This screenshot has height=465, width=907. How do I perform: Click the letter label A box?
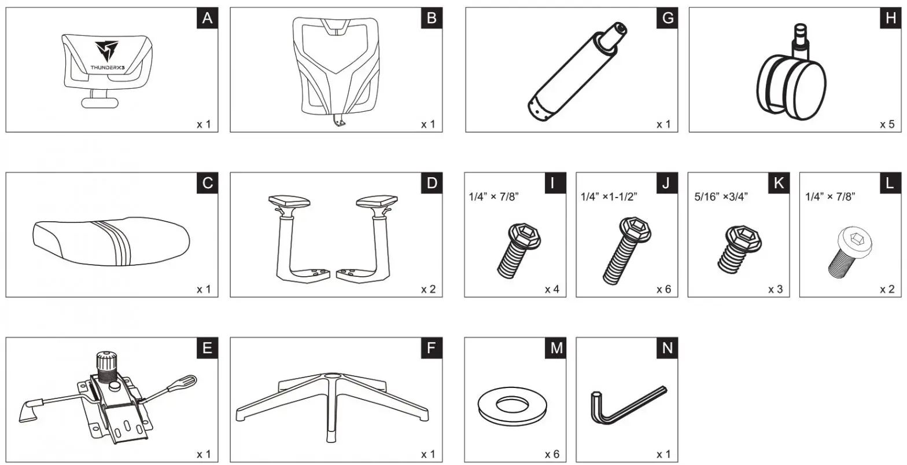(208, 19)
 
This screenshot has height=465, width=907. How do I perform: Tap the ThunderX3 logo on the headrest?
(106, 52)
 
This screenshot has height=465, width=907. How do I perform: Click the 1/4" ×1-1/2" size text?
(609, 196)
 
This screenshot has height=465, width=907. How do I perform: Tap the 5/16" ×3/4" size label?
(721, 196)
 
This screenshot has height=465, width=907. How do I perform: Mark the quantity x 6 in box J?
(663, 289)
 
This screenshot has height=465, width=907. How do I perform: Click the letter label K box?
(778, 184)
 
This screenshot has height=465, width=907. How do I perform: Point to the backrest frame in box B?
(336, 69)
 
